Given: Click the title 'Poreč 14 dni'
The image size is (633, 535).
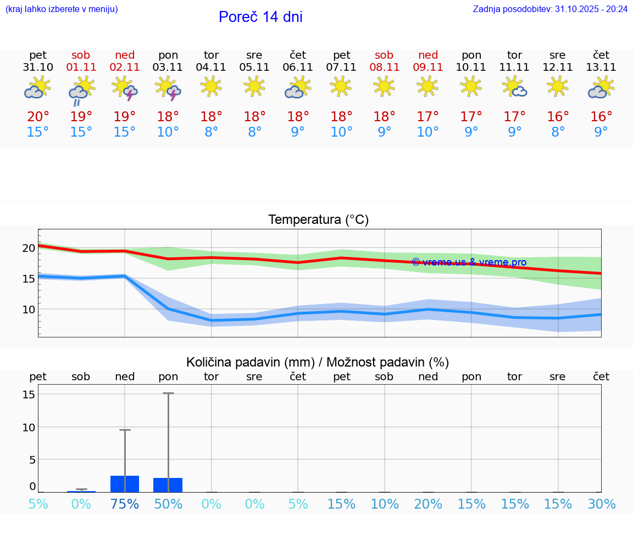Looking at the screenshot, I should (260, 17).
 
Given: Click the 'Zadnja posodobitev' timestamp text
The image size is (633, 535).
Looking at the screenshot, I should (550, 9).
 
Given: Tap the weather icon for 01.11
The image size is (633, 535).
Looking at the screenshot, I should (81, 90).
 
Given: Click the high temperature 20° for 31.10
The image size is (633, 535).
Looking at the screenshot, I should (38, 116).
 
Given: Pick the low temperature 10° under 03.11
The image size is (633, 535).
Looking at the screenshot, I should (168, 132).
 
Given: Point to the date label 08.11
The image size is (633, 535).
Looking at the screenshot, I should (384, 67).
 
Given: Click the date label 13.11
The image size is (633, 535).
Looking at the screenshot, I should (601, 67).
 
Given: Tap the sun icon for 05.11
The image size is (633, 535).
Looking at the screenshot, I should (254, 86).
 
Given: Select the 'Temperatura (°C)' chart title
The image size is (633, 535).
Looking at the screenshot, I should (318, 220).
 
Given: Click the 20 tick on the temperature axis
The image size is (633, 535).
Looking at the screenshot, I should (29, 247).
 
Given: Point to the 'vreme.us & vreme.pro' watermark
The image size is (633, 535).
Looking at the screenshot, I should (469, 262).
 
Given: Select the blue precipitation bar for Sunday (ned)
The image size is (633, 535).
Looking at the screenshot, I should (125, 484).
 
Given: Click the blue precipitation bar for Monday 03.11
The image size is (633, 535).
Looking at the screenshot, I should (168, 485).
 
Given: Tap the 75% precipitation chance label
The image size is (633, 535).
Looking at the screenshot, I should (125, 504).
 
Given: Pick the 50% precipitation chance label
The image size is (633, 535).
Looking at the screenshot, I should (168, 504).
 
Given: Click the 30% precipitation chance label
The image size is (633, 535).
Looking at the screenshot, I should (601, 504).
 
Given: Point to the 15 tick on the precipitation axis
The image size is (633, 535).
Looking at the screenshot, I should (29, 395).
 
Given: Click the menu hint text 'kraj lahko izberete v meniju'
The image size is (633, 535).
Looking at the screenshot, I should (62, 9).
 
